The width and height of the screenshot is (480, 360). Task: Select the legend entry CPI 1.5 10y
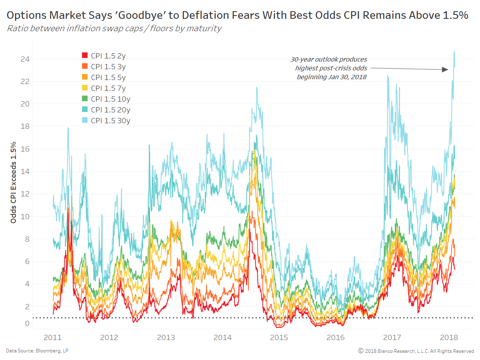pos(110,99)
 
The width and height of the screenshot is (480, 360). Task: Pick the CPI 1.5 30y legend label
pos(110,120)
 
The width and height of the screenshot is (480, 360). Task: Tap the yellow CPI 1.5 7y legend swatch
pos(84,88)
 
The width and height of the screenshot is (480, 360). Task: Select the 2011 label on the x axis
pos(53,337)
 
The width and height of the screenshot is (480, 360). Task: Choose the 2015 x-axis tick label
pos(279,337)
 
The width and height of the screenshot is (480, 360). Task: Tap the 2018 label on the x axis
pos(448,337)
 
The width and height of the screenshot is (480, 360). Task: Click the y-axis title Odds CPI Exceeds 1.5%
pos(13,182)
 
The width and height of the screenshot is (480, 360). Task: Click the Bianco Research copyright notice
pos(416,351)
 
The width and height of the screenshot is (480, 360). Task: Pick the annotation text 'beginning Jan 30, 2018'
pos(332,77)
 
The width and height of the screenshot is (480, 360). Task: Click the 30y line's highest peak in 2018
pos(454,52)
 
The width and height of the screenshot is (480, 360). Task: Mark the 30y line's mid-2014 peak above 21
pos(256,88)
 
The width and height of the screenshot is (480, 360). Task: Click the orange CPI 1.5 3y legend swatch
pos(84,66)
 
